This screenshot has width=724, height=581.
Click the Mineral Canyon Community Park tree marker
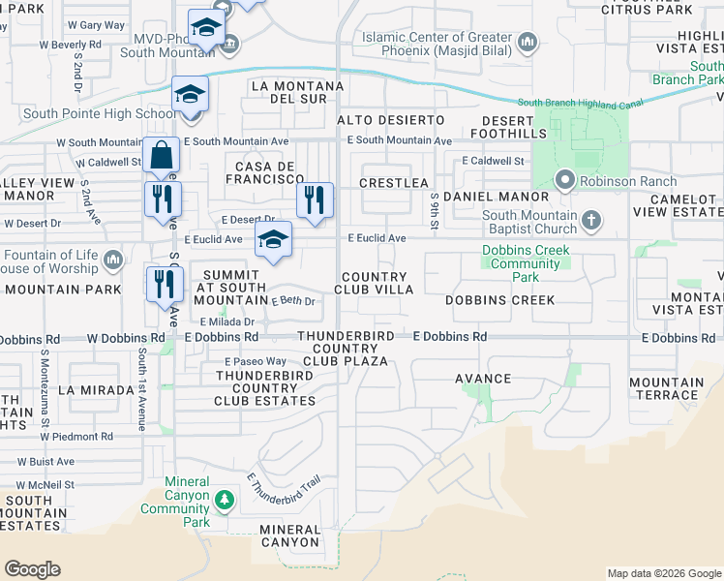pyautogui.click(x=225, y=500)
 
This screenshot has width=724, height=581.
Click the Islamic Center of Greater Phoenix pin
pyautogui.click(x=528, y=42)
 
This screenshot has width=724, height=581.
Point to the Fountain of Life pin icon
pyautogui.click(x=113, y=259)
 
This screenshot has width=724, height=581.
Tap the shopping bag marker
pyautogui.click(x=161, y=155)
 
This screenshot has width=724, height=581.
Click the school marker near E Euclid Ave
pyautogui.click(x=274, y=242)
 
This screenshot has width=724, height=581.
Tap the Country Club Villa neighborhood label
pyautogui.click(x=375, y=283)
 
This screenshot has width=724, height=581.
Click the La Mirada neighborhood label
pyautogui.click(x=96, y=389)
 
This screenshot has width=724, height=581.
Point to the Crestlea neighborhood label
pyautogui.click(x=393, y=182)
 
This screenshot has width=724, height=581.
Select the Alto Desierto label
pyautogui.click(x=390, y=119)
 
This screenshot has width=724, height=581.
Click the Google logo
pyautogui.click(x=32, y=569)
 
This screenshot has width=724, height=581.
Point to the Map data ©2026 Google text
pyautogui.click(x=663, y=573)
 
